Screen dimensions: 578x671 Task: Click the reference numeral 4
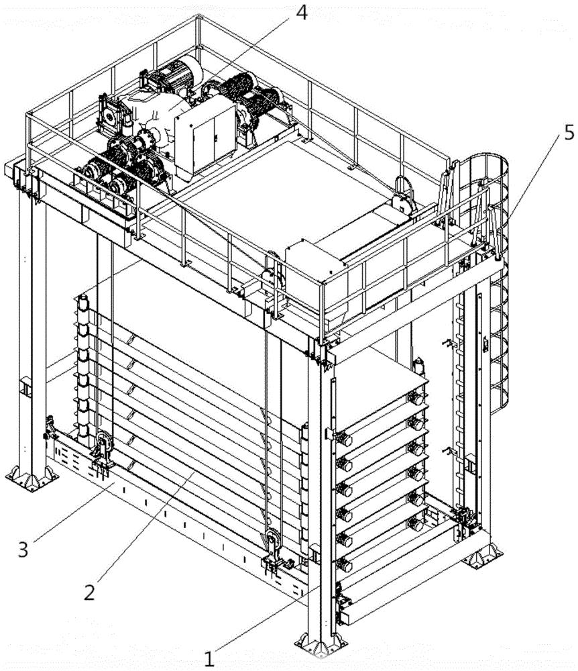coord(301,13)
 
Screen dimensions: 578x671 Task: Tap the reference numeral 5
coord(569,134)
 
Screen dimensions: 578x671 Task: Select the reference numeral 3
coord(23,549)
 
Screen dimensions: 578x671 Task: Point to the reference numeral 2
coord(89,592)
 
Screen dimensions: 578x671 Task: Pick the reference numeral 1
coord(209,659)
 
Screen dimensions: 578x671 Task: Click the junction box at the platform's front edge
coord(315,262)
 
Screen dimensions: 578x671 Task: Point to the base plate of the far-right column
coord(483,555)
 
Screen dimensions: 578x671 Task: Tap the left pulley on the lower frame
coord(103,444)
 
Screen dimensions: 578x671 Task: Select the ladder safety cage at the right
coord(489,282)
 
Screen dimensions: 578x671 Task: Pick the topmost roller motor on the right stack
coord(416,399)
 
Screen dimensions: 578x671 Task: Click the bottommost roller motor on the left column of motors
coord(344,564)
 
